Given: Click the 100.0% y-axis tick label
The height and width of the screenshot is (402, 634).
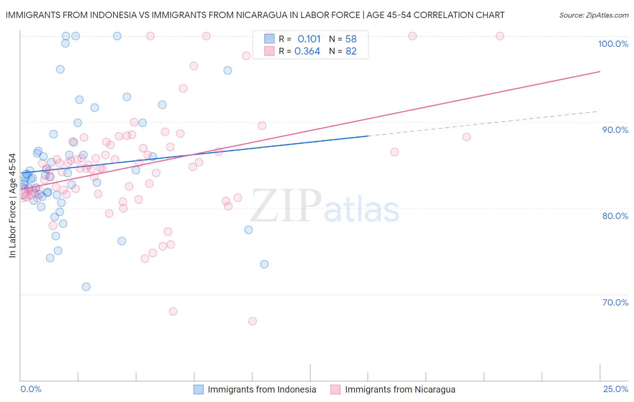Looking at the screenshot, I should [613, 44].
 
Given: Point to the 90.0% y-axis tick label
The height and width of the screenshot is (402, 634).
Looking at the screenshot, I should [615, 130].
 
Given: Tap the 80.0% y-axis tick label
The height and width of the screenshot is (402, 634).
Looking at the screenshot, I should [615, 216].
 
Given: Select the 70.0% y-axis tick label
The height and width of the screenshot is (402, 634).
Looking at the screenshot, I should [615, 302].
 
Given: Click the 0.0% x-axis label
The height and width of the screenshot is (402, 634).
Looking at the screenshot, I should [31, 389].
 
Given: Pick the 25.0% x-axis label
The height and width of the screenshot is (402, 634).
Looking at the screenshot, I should [616, 389].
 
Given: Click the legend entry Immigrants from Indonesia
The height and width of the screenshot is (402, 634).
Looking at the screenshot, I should [262, 389].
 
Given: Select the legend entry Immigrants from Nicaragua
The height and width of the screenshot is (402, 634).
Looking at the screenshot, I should [400, 389].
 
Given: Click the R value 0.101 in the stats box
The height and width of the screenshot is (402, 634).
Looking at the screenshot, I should [309, 39].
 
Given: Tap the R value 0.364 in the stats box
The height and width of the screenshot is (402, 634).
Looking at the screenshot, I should [307, 51].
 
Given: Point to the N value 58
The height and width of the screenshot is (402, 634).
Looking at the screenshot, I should [351, 39].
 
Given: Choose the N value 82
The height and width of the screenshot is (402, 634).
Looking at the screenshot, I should [351, 51].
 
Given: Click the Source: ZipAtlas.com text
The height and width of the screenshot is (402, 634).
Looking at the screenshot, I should [593, 15].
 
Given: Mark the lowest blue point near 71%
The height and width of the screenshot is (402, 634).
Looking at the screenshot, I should [86, 287].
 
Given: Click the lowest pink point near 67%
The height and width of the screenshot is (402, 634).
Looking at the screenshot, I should [253, 321].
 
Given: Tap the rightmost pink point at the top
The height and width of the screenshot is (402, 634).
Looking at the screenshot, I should [500, 36].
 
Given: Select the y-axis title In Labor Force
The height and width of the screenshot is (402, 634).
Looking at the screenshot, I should [12, 206].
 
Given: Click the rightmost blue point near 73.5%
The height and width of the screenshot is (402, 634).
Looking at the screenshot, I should [264, 264].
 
